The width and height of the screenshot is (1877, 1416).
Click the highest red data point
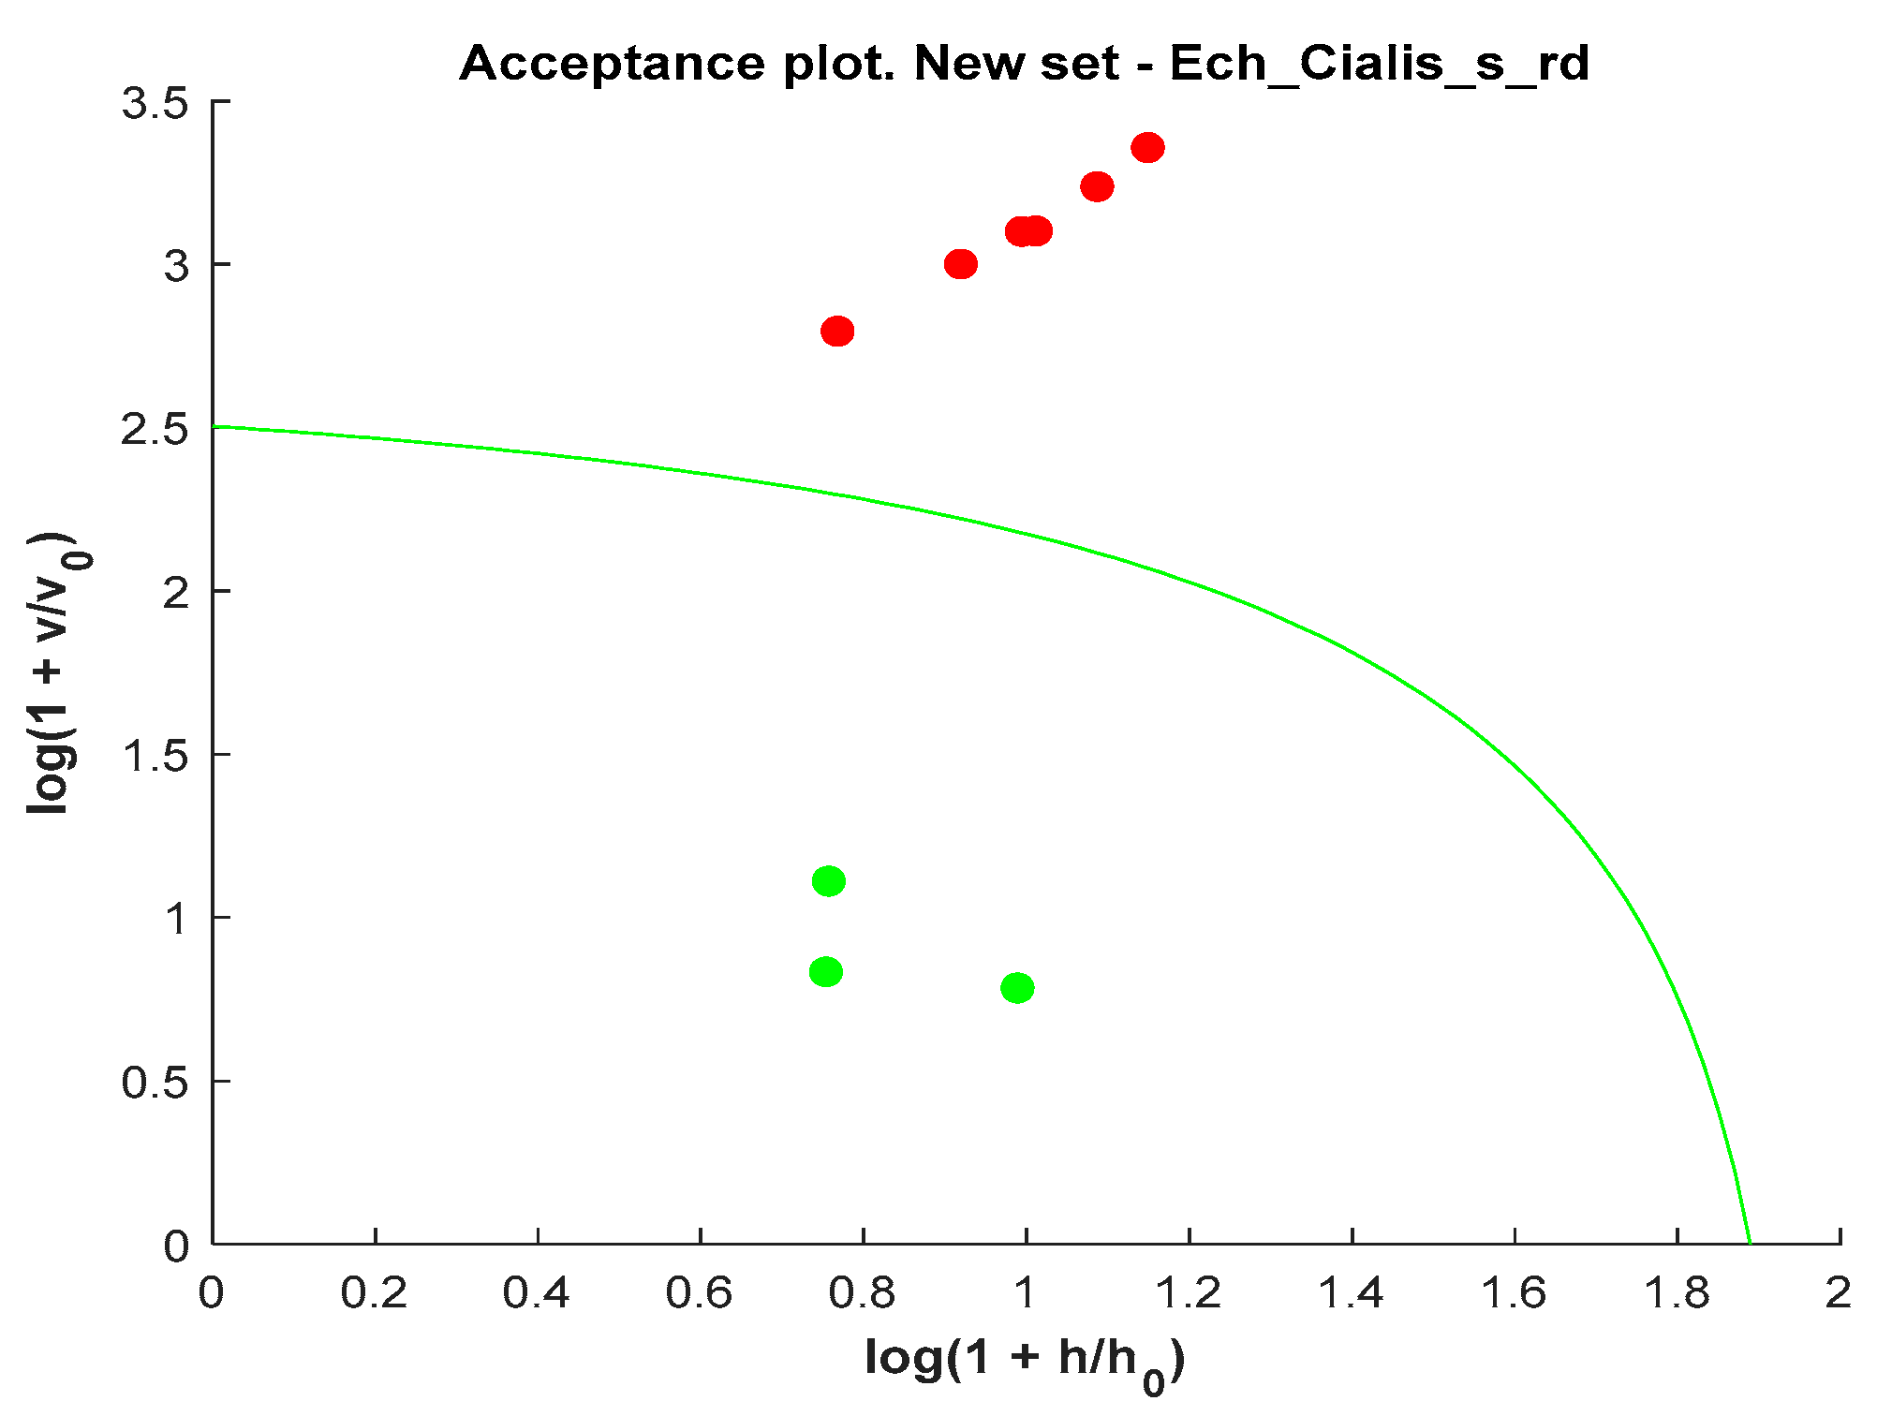[x=1147, y=148]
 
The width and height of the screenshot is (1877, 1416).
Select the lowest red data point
[x=837, y=332]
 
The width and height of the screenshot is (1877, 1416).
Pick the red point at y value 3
[x=960, y=265]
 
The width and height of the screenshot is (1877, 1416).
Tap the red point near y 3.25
[x=1097, y=187]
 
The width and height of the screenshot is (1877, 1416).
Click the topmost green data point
[x=828, y=881]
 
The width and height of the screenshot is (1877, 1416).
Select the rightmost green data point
[x=1017, y=988]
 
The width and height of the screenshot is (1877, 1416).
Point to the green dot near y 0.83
[x=825, y=972]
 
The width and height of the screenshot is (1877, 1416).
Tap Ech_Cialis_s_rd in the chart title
[x=1379, y=64]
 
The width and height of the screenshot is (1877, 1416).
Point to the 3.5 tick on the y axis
[x=155, y=103]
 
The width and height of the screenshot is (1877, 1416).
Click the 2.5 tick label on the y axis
[x=155, y=430]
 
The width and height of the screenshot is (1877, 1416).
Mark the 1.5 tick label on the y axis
[x=155, y=756]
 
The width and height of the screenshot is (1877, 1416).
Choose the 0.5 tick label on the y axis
[x=155, y=1083]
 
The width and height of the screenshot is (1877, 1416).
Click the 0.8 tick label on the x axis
[x=863, y=1294]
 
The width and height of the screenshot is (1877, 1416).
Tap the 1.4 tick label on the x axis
[x=1351, y=1294]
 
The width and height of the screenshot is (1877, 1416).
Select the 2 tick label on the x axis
[x=1839, y=1294]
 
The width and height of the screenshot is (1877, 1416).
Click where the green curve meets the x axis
[x=1750, y=1243]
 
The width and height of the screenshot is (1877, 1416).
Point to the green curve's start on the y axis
[x=214, y=427]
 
